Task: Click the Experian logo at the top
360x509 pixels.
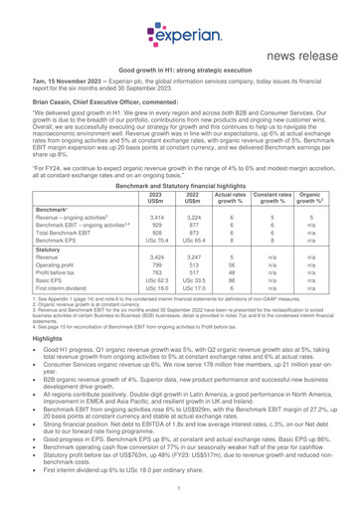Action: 179,21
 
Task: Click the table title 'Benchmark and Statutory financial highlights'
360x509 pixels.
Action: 180,214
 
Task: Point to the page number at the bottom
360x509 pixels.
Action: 180,498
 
